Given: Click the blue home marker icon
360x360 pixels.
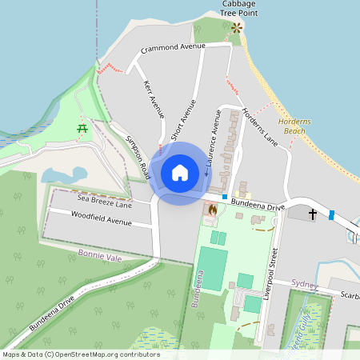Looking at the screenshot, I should pos(180,173).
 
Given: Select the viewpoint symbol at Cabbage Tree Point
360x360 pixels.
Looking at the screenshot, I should pos(236,28).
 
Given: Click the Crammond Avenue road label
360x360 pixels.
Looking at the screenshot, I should pos(173,49).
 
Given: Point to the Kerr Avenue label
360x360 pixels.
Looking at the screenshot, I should pos(153,100).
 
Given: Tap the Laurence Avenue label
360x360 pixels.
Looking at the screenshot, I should pos(212,137).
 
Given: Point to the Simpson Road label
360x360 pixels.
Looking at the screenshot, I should pos(137,156).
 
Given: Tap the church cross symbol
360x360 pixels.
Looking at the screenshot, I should pos(312,214).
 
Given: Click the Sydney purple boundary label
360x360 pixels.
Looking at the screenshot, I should pos(305,284).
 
